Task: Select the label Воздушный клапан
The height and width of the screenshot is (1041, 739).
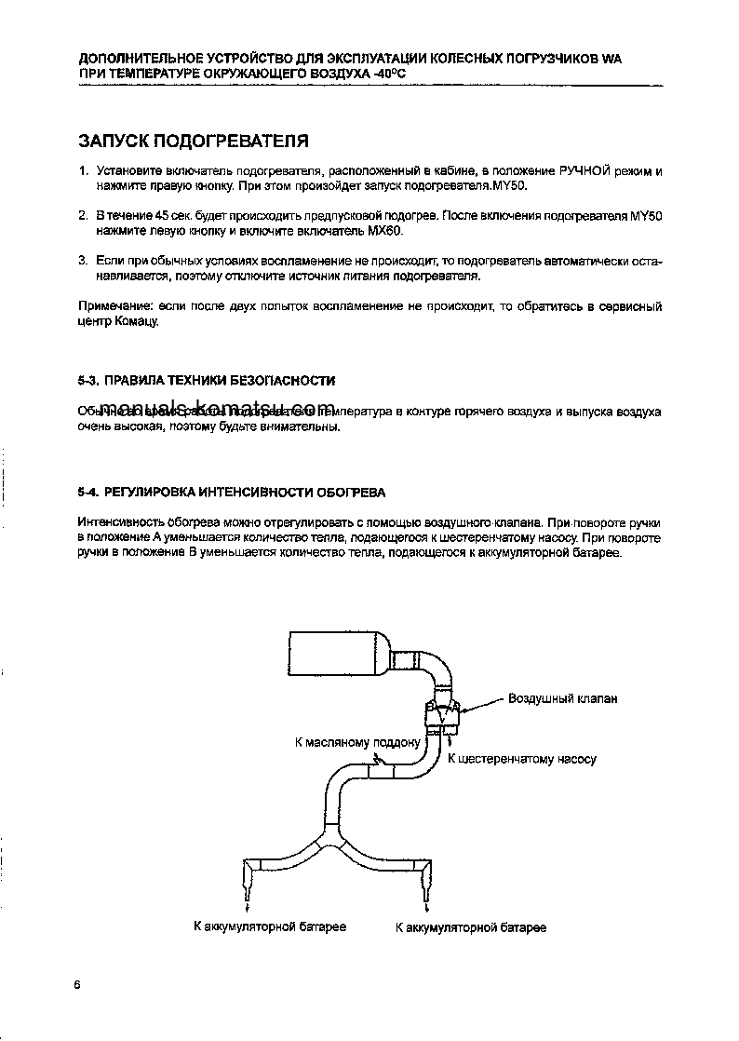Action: click(562, 698)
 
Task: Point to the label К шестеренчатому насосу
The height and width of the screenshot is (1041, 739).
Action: click(521, 759)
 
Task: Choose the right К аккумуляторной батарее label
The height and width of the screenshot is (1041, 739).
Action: click(471, 927)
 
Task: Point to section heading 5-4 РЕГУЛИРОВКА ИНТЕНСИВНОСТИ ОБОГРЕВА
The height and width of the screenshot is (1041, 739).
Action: click(232, 492)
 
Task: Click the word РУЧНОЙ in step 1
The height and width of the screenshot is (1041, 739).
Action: click(585, 172)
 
